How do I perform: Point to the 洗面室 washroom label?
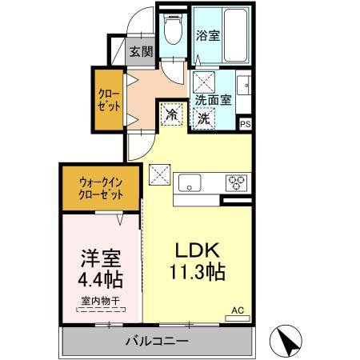tap(214, 101)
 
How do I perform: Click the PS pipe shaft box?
tap(246, 123)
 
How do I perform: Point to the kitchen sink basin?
tap(190, 180)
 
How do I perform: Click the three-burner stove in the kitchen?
tap(237, 180)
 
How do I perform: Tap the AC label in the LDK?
tap(237, 309)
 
